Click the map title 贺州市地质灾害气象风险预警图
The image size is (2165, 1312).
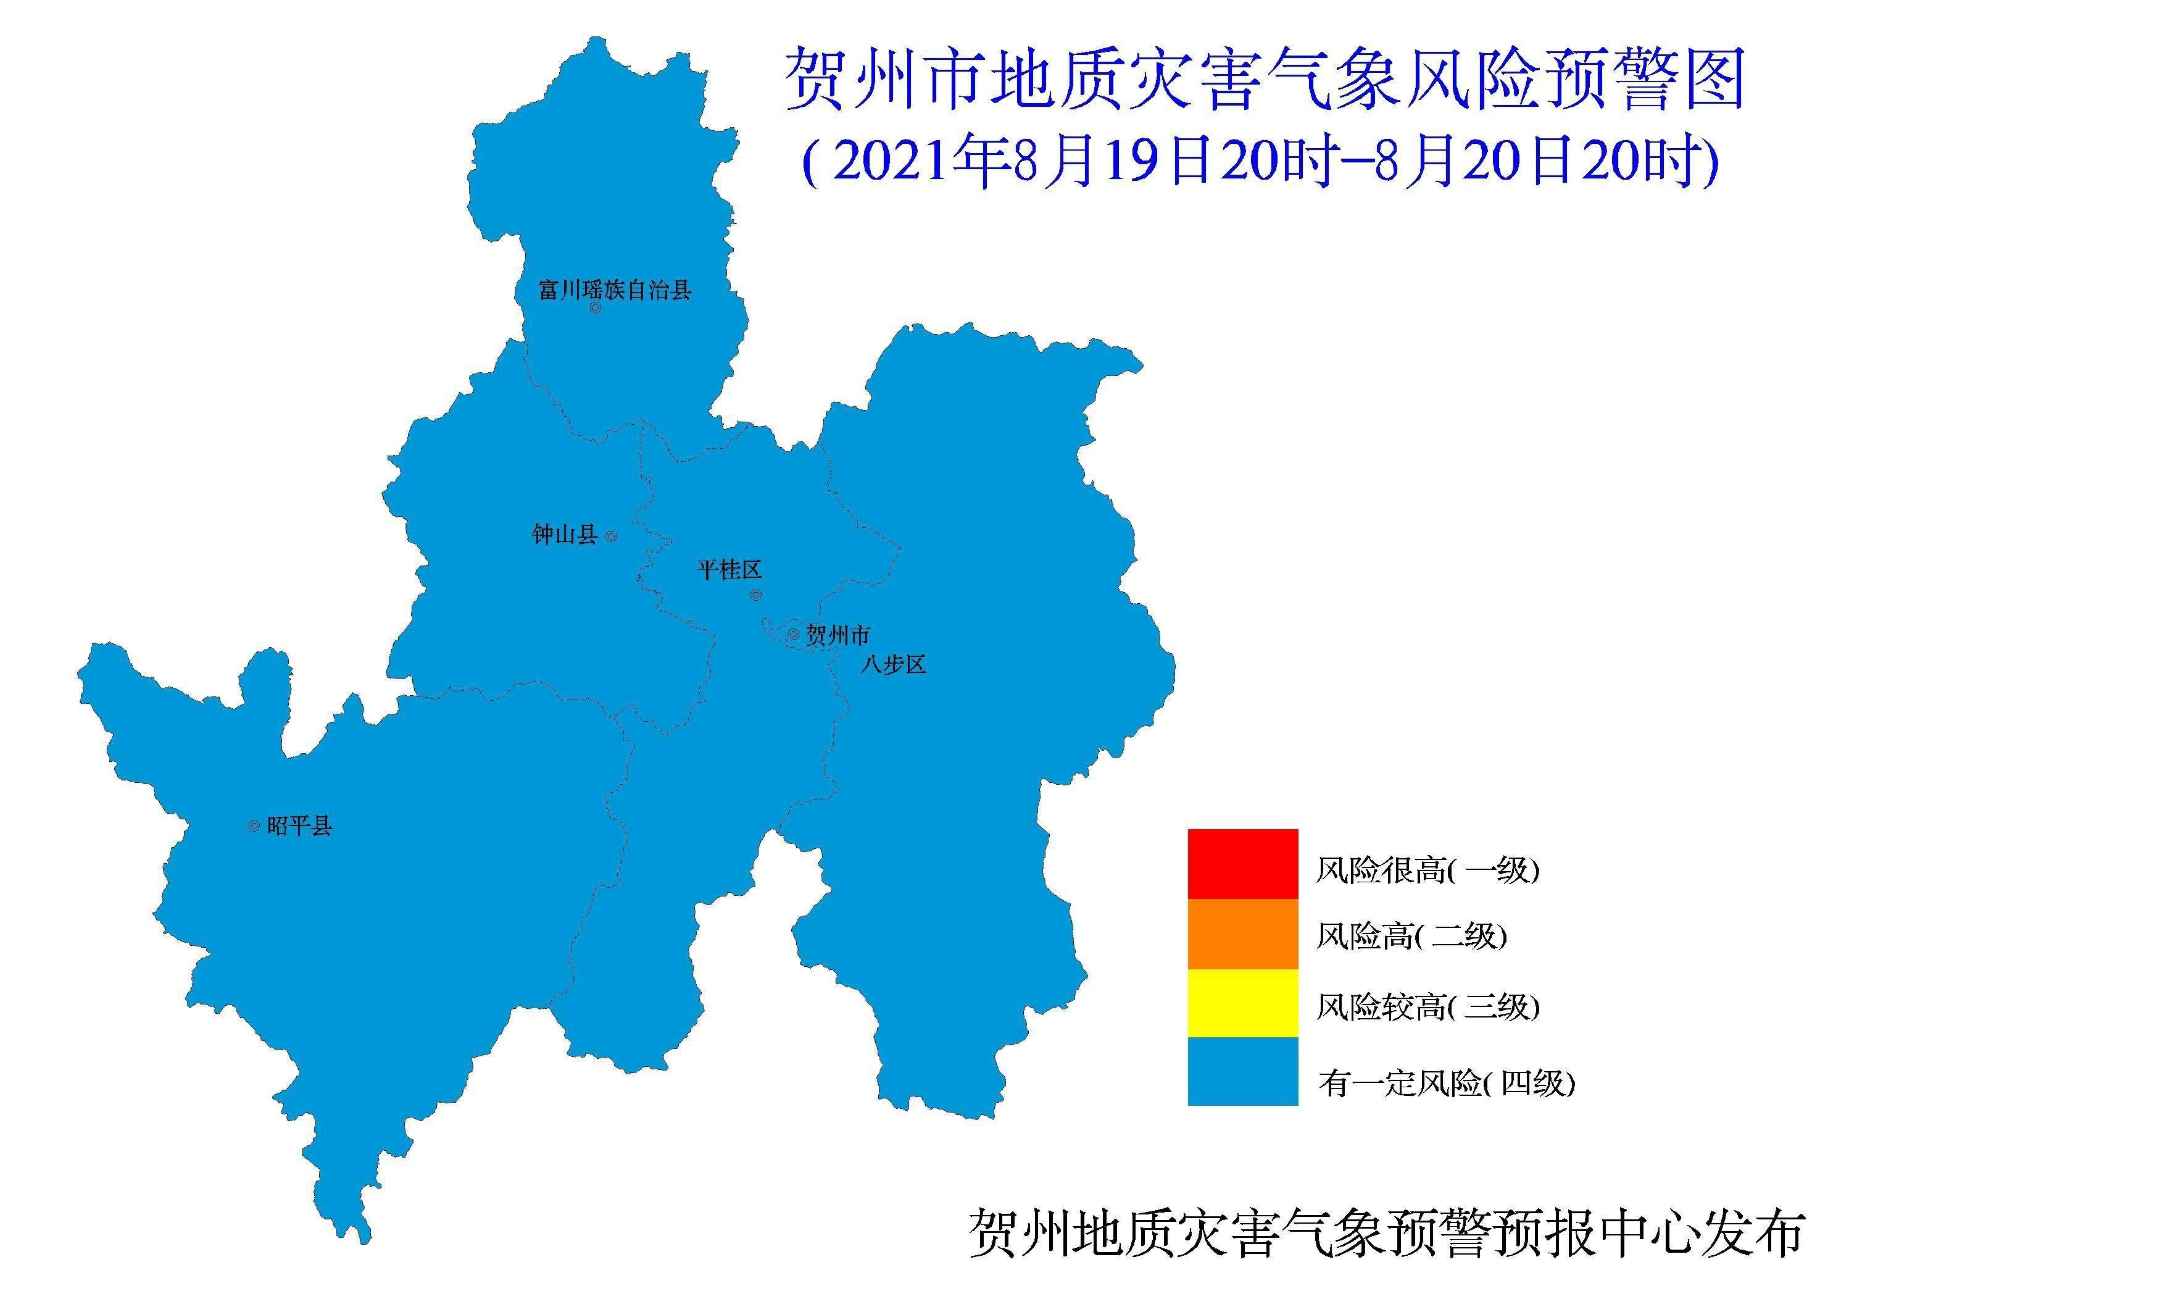click(x=1263, y=81)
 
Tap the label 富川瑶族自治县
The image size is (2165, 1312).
click(x=615, y=290)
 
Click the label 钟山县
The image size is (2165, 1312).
click(x=565, y=534)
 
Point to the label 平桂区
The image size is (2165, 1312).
click(x=729, y=569)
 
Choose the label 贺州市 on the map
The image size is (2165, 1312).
click(x=838, y=635)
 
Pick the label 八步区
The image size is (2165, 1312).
click(x=894, y=664)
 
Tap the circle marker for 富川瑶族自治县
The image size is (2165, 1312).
click(x=595, y=309)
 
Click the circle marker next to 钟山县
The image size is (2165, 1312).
click(x=612, y=536)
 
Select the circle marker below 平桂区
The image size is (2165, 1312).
click(x=755, y=596)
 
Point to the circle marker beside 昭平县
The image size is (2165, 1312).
click(x=254, y=826)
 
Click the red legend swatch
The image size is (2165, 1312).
click(x=1242, y=863)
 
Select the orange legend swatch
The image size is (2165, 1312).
click(x=1242, y=934)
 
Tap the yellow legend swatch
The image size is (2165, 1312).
click(x=1242, y=1003)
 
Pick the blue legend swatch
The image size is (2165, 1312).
click(x=1242, y=1071)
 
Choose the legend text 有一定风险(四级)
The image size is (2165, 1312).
click(x=1446, y=1084)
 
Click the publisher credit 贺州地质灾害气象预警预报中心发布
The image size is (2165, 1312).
click(x=1387, y=1234)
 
